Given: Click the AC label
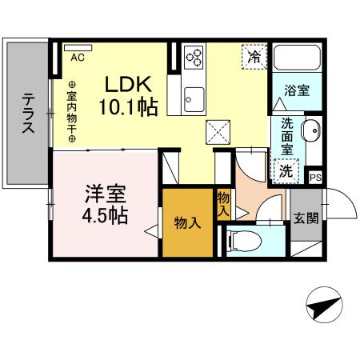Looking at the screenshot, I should (78, 57).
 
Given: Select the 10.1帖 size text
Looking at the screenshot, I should (128, 106).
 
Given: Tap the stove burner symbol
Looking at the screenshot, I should (195, 57).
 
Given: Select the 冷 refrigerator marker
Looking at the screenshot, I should (254, 58).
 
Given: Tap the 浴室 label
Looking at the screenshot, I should (298, 90).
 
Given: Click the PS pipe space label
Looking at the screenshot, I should (315, 178).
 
